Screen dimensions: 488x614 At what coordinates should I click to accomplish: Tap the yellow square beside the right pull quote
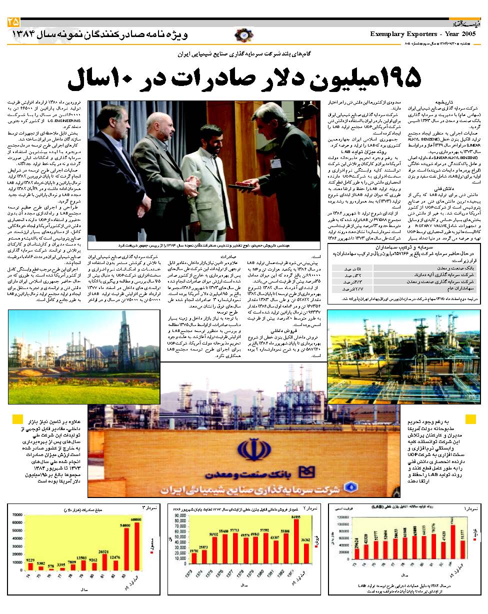click(470, 419)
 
